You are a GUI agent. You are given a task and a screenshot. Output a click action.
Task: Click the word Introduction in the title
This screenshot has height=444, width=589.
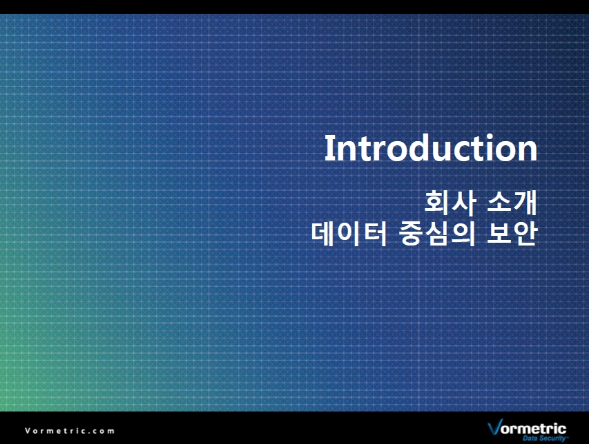click(x=431, y=148)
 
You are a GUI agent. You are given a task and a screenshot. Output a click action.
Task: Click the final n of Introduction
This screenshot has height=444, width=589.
click(x=528, y=151)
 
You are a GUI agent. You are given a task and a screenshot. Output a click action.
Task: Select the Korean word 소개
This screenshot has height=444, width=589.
click(x=512, y=203)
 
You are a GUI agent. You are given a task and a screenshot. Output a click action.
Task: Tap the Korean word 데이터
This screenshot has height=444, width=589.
click(x=349, y=234)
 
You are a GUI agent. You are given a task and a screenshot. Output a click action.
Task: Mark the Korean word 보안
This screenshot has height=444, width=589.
click(x=512, y=234)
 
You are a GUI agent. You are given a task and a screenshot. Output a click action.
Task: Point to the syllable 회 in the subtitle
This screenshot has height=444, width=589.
click(x=437, y=203)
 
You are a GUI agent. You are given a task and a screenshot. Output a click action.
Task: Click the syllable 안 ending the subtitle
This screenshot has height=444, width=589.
click(x=525, y=234)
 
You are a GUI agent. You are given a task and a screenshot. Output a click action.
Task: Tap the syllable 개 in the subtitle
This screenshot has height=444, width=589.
click(x=525, y=203)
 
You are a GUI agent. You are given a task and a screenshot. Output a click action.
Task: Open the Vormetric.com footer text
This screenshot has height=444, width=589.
click(x=70, y=431)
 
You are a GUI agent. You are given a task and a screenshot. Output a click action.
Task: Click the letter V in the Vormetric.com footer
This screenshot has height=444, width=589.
click(x=28, y=431)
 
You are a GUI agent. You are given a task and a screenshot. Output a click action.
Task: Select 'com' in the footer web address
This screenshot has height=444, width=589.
click(x=104, y=432)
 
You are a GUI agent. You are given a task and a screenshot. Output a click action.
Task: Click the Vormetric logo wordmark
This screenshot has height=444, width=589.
click(x=527, y=428)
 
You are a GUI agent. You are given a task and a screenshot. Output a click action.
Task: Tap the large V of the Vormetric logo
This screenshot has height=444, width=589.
click(x=494, y=427)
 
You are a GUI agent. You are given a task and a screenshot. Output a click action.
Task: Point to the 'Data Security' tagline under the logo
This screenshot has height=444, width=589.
click(x=544, y=438)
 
